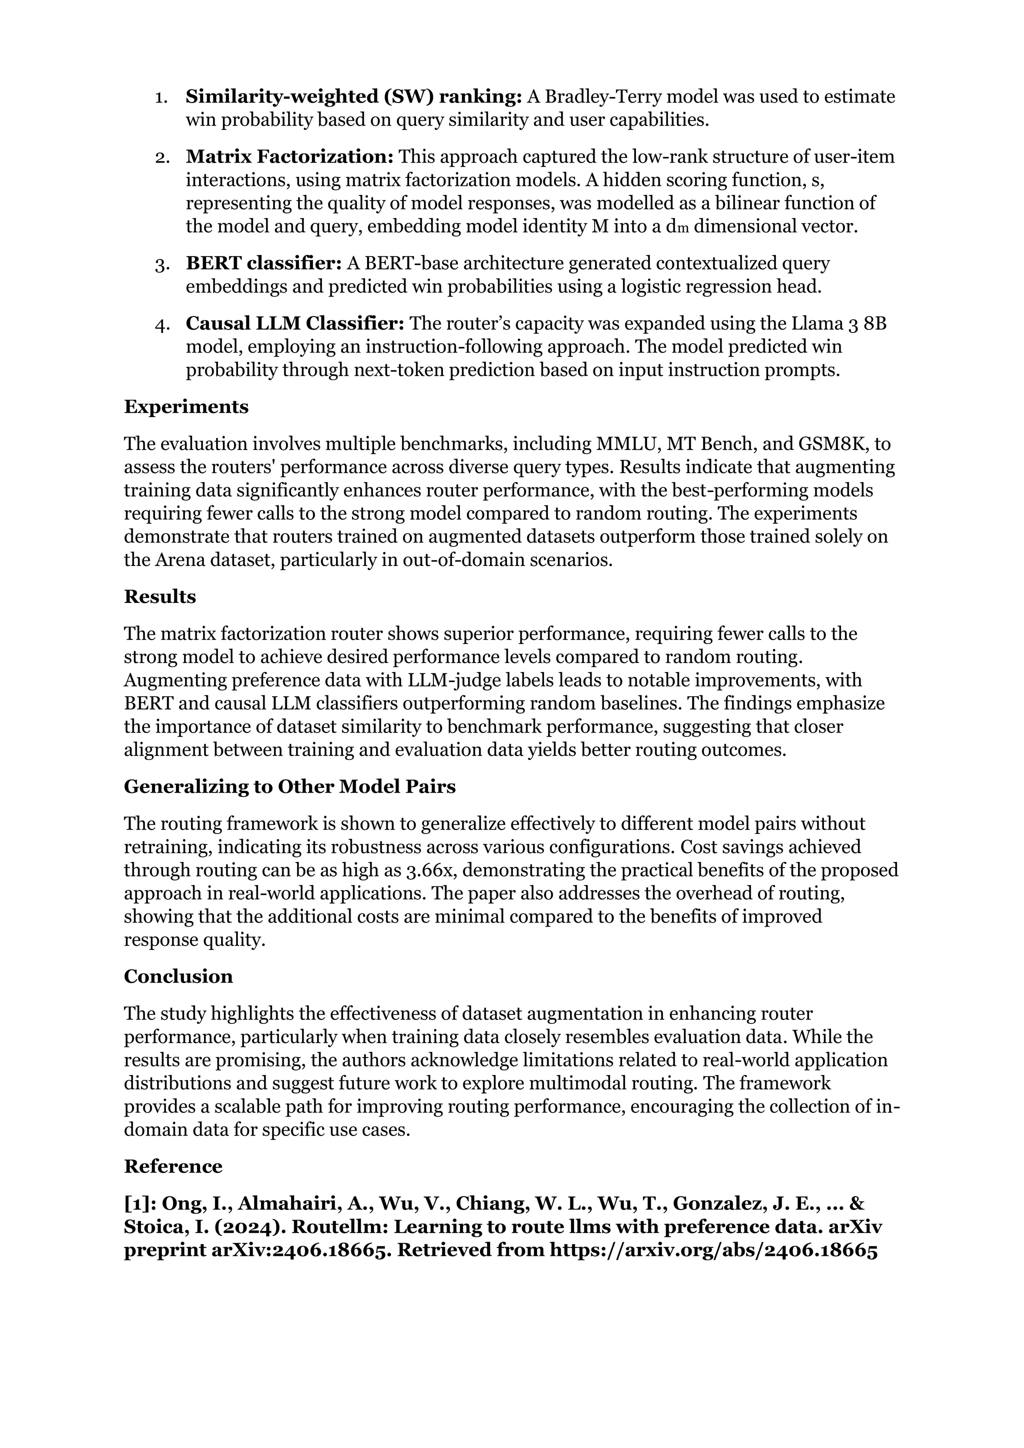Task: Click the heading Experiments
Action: click(x=186, y=407)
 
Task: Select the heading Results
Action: click(x=159, y=596)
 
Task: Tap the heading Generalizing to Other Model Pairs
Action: click(x=289, y=786)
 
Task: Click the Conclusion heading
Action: click(x=178, y=976)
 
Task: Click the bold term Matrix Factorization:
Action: click(x=289, y=156)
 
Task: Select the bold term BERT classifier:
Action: click(x=263, y=263)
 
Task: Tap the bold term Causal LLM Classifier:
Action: click(x=294, y=323)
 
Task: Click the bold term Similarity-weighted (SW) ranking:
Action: click(x=353, y=96)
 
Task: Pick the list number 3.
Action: click(x=161, y=263)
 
